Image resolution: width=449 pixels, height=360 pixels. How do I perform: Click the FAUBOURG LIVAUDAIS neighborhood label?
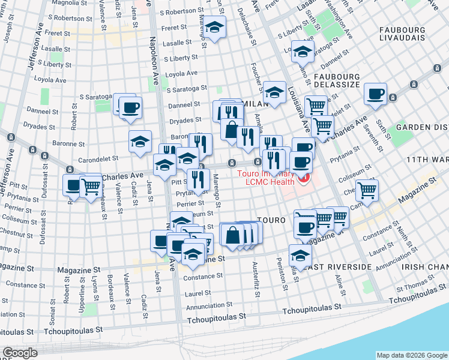click(x=406, y=34)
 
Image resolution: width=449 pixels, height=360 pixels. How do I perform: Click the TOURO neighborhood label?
click(x=271, y=220)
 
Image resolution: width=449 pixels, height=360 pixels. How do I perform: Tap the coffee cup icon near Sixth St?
click(x=376, y=94)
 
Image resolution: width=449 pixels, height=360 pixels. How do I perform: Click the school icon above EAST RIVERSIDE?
click(x=300, y=254)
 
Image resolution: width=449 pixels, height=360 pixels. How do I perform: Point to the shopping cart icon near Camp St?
click(x=367, y=190)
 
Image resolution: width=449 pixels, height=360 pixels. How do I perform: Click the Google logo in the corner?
click(x=20, y=353)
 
